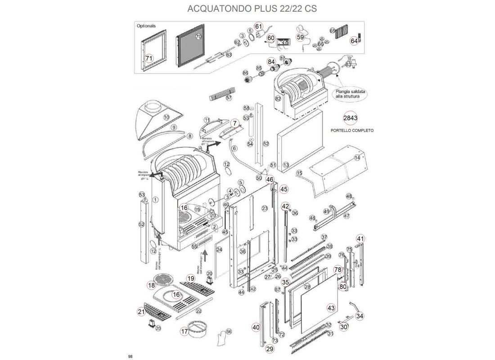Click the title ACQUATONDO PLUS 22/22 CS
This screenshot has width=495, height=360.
(x=248, y=9)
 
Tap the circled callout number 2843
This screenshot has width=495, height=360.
(x=350, y=118)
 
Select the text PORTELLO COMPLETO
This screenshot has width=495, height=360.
(x=352, y=130)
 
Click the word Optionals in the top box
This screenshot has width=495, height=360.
(x=146, y=26)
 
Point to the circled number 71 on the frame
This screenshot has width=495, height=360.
(x=149, y=58)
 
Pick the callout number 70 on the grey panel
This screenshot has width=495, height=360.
(x=198, y=36)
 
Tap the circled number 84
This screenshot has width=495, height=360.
(x=271, y=61)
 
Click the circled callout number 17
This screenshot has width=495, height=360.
(x=184, y=332)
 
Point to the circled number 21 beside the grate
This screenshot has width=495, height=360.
(x=141, y=311)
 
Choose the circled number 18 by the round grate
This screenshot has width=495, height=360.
(x=152, y=285)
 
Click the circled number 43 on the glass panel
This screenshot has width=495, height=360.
(x=331, y=308)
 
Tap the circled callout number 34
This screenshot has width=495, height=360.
(x=360, y=316)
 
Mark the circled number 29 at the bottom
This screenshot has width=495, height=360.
(x=270, y=349)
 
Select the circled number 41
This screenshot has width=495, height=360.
(x=360, y=238)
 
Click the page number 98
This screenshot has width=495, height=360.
(x=130, y=356)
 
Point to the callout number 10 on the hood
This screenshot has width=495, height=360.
(x=166, y=117)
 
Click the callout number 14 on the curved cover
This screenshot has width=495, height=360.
(x=357, y=158)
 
